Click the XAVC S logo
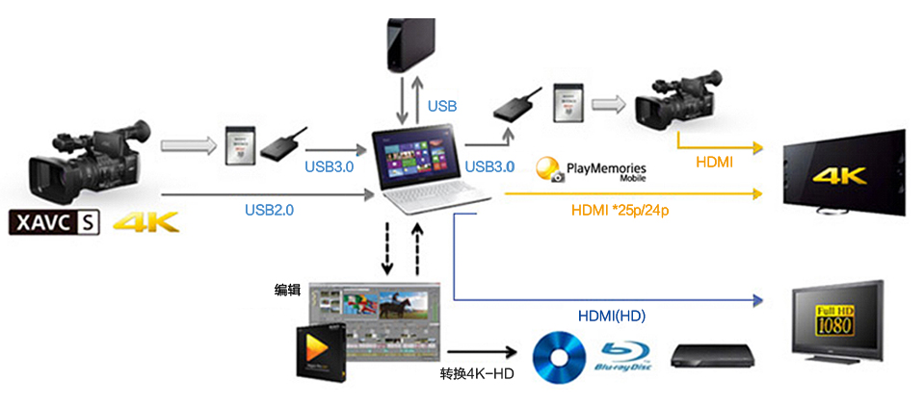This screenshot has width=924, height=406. [x=55, y=225]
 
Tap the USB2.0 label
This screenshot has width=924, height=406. [x=269, y=209]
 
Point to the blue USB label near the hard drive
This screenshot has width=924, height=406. [x=442, y=106]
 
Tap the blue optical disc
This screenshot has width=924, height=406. [x=561, y=353]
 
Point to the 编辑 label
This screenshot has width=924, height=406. [x=287, y=289]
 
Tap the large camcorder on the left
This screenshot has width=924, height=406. [x=92, y=164]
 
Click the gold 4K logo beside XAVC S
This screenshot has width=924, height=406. [x=146, y=225]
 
